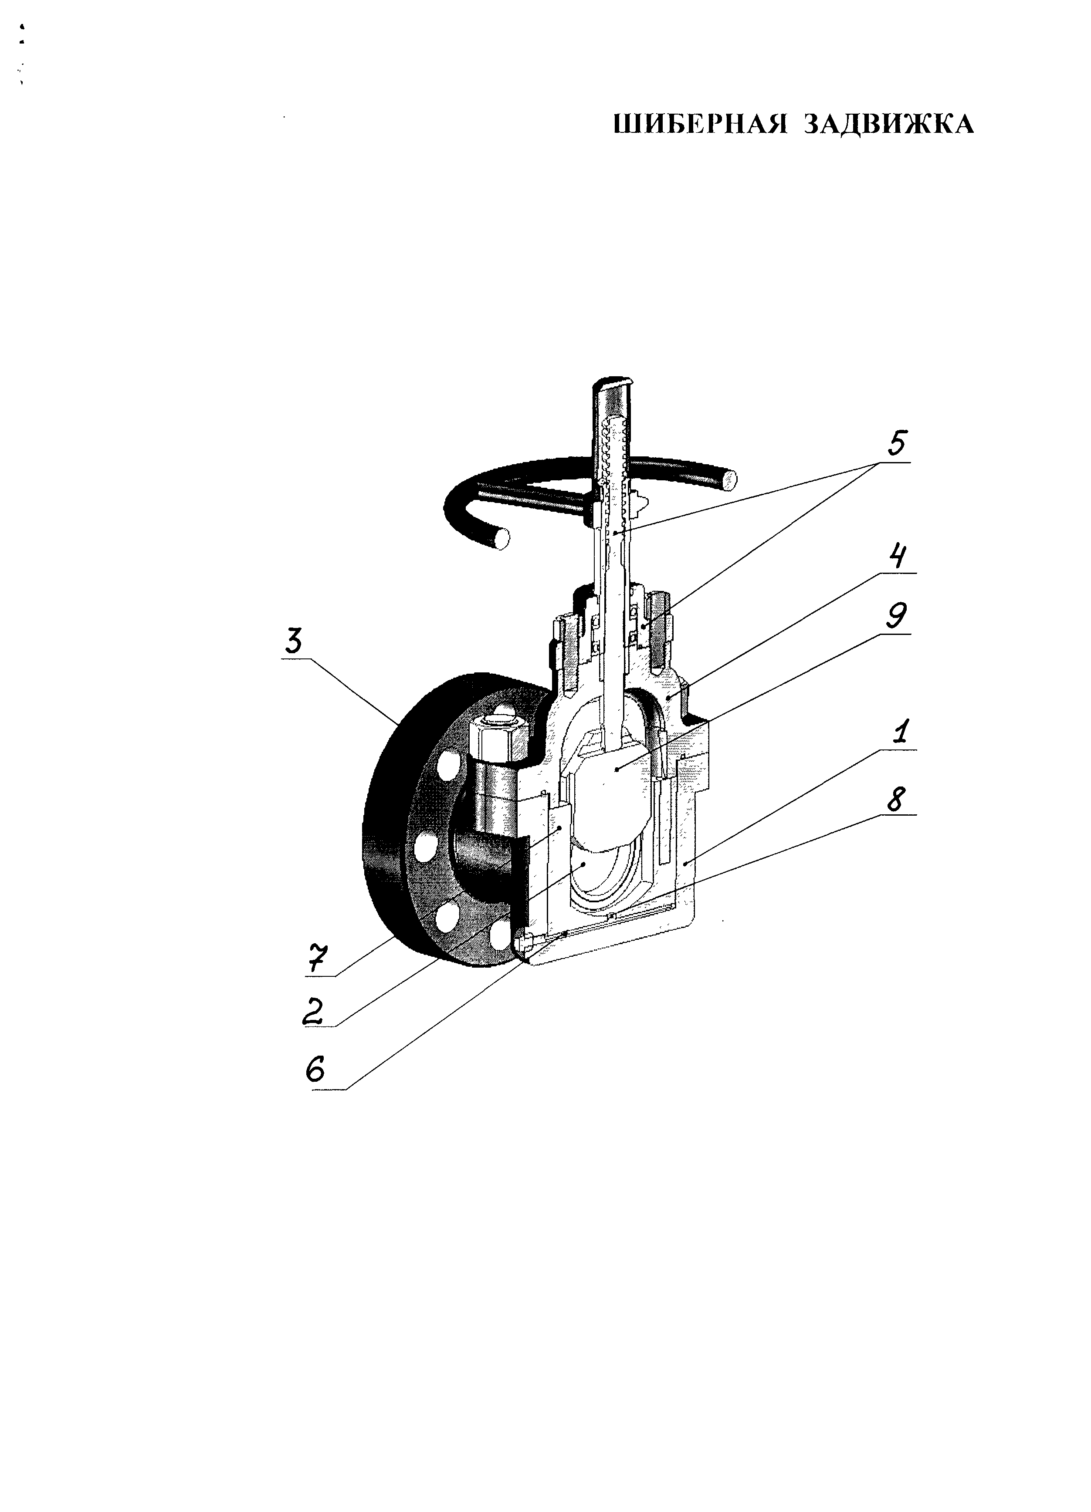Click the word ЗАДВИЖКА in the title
[x=888, y=125]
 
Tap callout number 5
[x=897, y=444]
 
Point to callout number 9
[x=896, y=618]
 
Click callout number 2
[x=313, y=1010]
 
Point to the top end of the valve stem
[x=612, y=387]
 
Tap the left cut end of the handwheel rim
[x=499, y=537]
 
